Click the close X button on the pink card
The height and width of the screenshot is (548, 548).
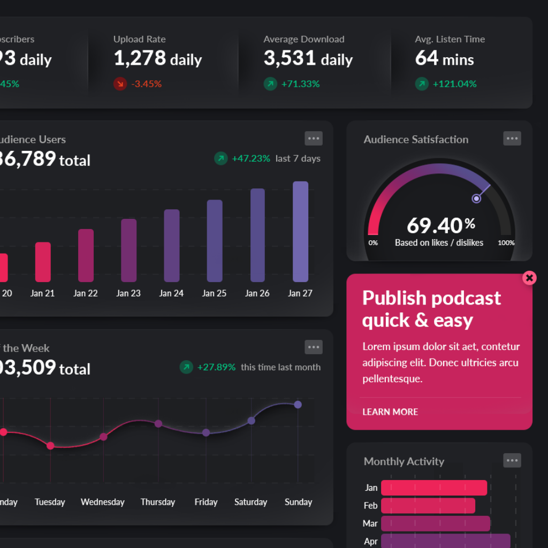click(x=529, y=278)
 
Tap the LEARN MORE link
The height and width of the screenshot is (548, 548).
click(x=390, y=412)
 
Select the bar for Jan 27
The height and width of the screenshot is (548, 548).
click(x=300, y=232)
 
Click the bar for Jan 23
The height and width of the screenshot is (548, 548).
click(x=129, y=250)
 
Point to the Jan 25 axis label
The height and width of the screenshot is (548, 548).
click(x=214, y=293)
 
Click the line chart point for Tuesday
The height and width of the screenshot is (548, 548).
click(x=50, y=445)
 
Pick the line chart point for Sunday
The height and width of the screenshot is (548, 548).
click(x=298, y=405)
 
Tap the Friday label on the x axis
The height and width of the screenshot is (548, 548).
click(x=206, y=502)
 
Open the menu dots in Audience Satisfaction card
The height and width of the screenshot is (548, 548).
click(x=512, y=139)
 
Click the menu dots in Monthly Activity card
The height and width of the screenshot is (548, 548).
click(x=512, y=460)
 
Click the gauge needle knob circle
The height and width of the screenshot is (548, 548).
click(x=476, y=199)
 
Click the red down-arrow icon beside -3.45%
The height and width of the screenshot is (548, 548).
click(x=120, y=84)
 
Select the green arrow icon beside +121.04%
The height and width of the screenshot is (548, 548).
click(x=422, y=84)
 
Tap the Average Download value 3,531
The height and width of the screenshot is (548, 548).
click(x=286, y=58)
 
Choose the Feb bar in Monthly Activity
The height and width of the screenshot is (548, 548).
click(x=428, y=506)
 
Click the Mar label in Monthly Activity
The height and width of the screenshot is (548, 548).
click(x=370, y=523)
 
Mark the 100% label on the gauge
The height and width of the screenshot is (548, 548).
click(x=506, y=243)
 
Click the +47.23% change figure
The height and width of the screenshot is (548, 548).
click(x=250, y=158)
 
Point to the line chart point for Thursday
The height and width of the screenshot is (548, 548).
click(x=158, y=423)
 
